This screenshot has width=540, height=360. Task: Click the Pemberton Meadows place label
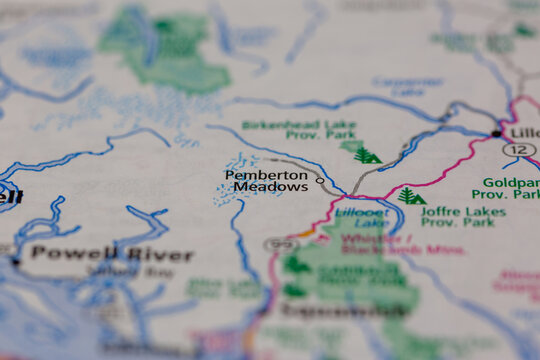[265, 181]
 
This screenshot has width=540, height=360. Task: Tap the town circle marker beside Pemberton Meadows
[320, 181]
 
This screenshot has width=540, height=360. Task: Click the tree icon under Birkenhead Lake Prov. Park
[366, 154]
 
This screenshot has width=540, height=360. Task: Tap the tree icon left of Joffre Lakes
[410, 196]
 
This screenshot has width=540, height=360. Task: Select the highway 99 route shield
[281, 245]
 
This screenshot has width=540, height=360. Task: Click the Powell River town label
[110, 254]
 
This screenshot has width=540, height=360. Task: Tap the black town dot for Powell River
[15, 261]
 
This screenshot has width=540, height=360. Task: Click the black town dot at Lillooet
[496, 133]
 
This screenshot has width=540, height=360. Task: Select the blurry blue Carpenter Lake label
[407, 86]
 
